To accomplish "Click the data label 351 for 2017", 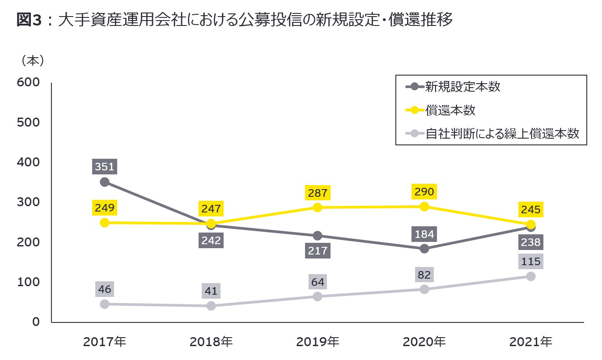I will pos(105,167).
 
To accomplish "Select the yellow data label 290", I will pos(424,192).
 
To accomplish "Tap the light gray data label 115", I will pos(531,261).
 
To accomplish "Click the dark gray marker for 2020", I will pos(424,248).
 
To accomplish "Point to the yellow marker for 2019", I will pos(318,207).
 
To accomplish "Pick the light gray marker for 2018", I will pos(211,306).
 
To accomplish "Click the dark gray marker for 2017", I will pos(105,182).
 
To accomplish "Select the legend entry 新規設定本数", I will pos(462,87).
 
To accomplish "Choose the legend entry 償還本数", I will pos(450,110).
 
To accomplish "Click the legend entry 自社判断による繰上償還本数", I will pos(502,133).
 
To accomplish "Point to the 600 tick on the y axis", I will pos(28,82).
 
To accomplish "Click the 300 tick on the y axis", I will pos(28,202).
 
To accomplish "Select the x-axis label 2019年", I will pos(318,342).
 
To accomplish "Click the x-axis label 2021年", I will pos(531,342).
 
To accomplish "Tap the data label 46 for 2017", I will pos(105,289).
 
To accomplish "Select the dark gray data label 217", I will pos(318,250).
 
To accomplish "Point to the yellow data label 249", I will pos(105,208).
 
